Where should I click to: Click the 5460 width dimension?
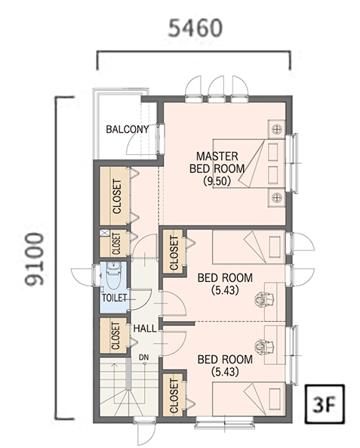(195, 28)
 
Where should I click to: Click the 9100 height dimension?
(35, 259)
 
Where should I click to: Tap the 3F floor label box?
(325, 403)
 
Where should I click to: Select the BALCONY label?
(128, 129)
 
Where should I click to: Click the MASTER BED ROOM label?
(217, 162)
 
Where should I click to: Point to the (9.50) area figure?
(217, 181)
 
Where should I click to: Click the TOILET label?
(114, 298)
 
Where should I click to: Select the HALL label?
(145, 329)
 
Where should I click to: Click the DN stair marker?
(144, 357)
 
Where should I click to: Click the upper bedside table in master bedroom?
(276, 129)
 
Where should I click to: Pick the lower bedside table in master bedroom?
(276, 197)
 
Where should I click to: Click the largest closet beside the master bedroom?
(115, 196)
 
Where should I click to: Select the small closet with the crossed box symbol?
(115, 243)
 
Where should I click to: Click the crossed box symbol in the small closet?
(105, 233)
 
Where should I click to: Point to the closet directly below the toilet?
(114, 335)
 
